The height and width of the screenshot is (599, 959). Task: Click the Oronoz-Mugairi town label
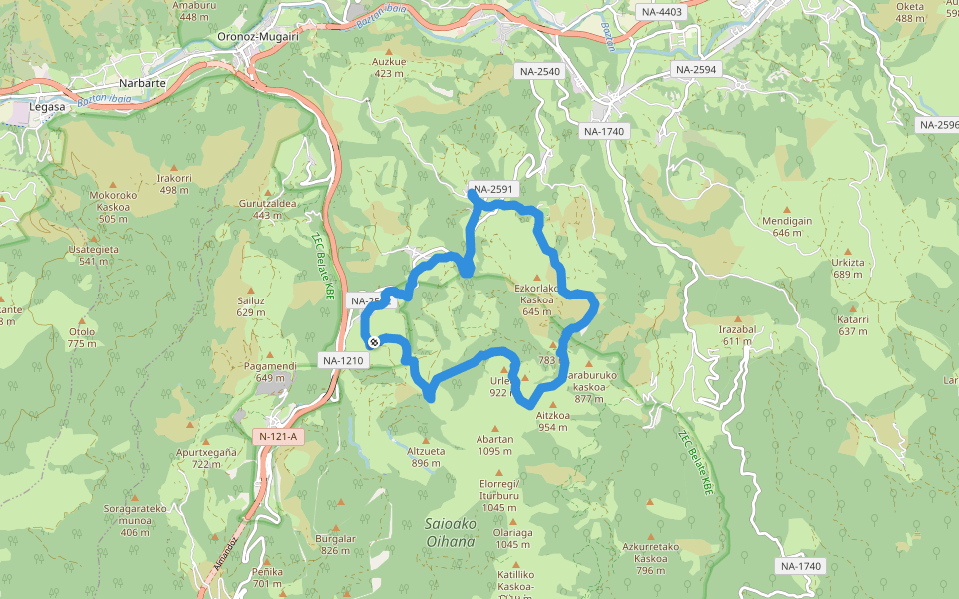tap(257, 37)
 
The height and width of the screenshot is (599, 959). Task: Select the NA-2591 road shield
tap(493, 188)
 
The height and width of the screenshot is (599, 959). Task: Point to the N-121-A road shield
tap(279, 436)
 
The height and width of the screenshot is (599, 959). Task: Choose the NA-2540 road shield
tap(540, 71)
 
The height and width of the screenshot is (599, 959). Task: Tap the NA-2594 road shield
tap(697, 69)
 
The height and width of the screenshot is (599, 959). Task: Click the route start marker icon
tap(373, 342)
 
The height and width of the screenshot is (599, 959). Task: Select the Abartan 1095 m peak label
tap(495, 445)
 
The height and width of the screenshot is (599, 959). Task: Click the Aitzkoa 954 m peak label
tap(552, 420)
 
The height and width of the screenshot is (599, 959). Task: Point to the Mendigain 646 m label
tap(787, 226)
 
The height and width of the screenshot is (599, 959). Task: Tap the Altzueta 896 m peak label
tap(425, 456)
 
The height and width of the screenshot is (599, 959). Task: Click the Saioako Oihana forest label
tap(450, 532)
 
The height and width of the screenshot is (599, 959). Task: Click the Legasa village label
tap(47, 106)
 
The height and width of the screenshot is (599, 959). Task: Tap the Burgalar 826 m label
tap(335, 544)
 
